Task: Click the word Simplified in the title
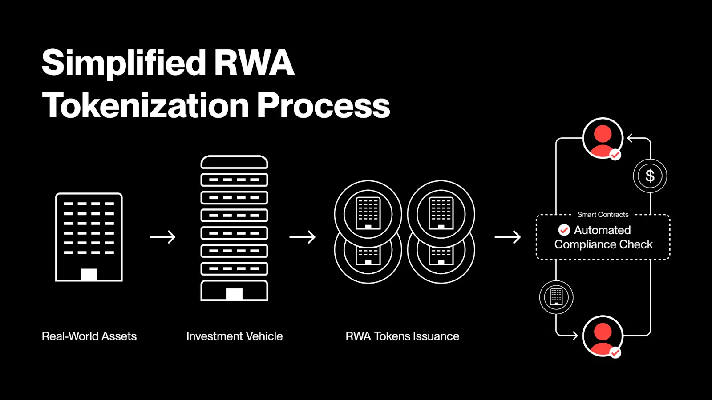tap(124, 63)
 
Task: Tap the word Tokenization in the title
tap(145, 106)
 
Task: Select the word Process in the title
tap(324, 106)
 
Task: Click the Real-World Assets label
tap(89, 336)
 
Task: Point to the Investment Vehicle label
tap(235, 336)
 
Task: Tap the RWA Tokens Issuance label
tap(402, 336)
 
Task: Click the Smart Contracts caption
tap(603, 215)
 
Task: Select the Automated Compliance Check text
tap(603, 237)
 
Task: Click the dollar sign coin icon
tap(650, 176)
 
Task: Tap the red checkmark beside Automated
tap(564, 230)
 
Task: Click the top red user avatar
tap(603, 138)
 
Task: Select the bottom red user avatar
tap(603, 336)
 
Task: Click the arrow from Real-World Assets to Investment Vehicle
tap(162, 237)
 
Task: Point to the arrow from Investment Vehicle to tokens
tap(303, 237)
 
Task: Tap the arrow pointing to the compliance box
tap(508, 237)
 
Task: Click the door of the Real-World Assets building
tap(89, 274)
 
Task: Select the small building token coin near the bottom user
tap(556, 297)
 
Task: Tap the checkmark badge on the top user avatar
tap(615, 155)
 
